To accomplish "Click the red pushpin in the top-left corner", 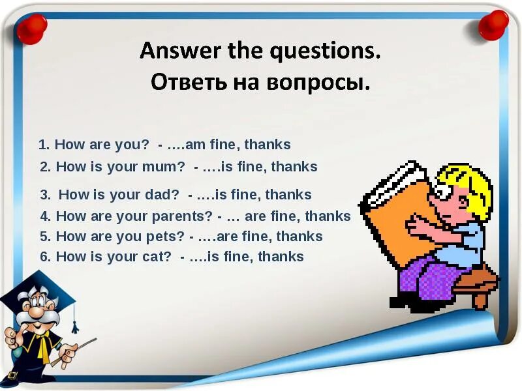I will (x=31, y=27).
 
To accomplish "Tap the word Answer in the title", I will (x=173, y=51).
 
